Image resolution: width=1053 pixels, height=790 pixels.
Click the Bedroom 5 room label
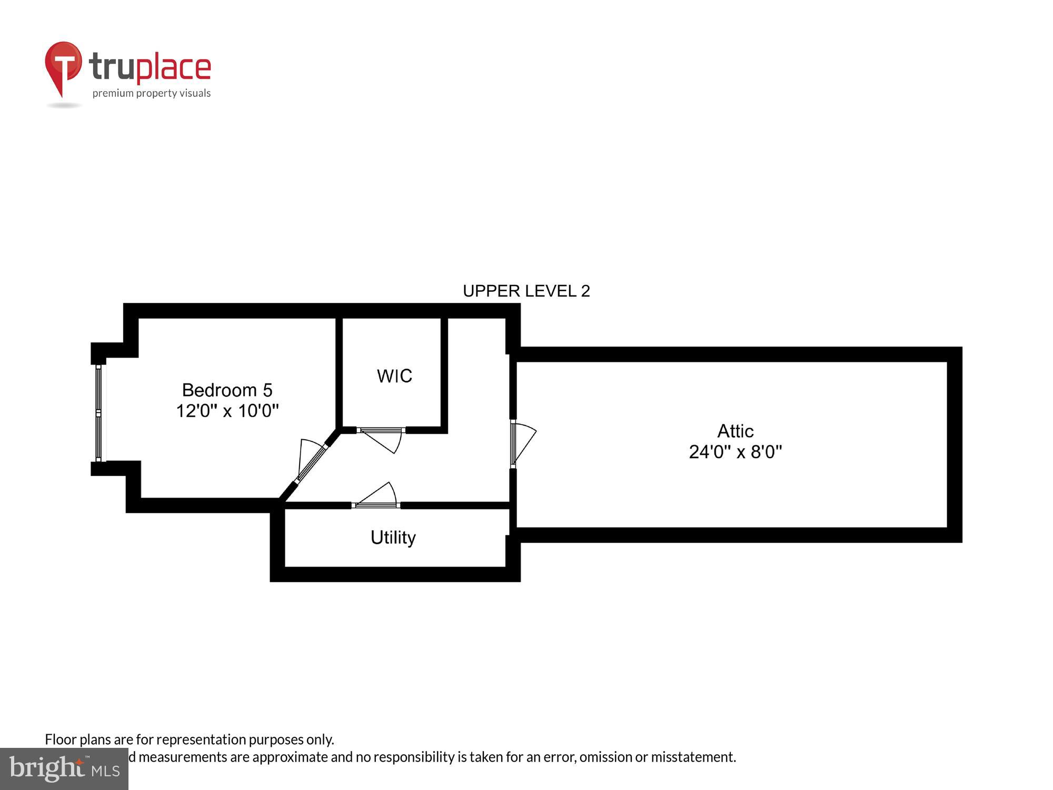click(227, 390)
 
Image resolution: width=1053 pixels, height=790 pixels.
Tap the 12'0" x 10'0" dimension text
click(227, 411)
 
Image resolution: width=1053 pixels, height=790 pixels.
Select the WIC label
click(394, 376)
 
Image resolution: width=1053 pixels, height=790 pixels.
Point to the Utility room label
click(393, 537)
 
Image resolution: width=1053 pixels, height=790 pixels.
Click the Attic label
click(735, 431)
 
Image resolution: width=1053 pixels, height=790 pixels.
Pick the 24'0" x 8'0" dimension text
click(735, 452)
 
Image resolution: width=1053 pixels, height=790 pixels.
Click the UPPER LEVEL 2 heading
click(526, 291)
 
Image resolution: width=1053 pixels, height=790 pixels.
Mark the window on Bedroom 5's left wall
click(98, 413)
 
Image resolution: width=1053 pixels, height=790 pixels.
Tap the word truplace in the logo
click(150, 67)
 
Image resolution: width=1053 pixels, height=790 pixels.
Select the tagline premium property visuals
click(152, 94)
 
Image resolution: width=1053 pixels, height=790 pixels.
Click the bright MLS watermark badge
click(64, 769)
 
